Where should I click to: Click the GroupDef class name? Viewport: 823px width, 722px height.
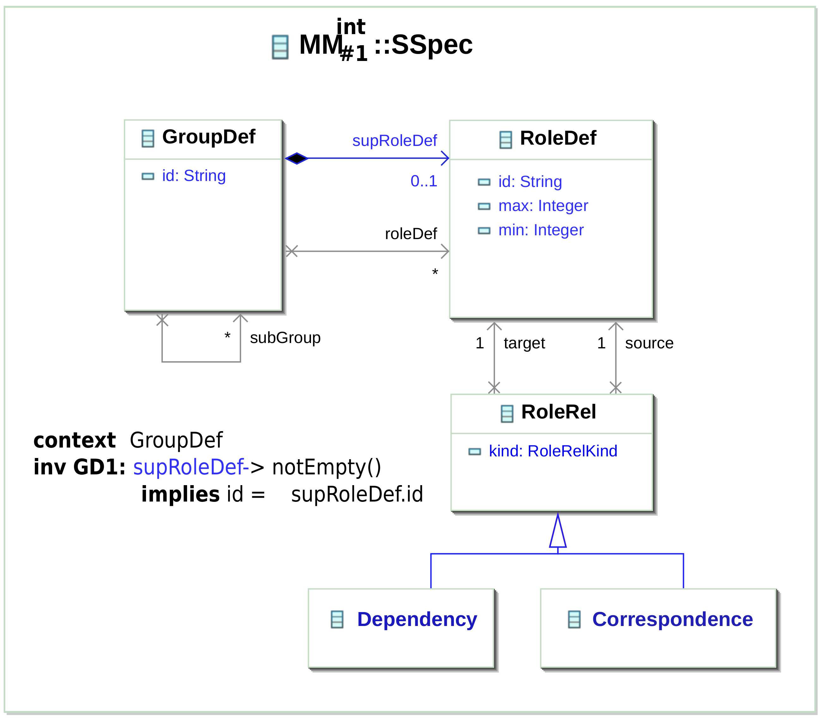click(x=208, y=137)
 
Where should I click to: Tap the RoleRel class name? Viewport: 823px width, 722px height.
click(x=558, y=412)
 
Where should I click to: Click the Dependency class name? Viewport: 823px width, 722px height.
click(x=417, y=619)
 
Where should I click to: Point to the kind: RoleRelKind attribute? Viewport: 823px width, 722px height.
click(x=552, y=451)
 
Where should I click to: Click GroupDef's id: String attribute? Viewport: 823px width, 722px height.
click(x=194, y=176)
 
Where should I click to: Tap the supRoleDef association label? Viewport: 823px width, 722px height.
click(x=394, y=141)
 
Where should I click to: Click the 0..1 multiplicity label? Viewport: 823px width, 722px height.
click(x=424, y=181)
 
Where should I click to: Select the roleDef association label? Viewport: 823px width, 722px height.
click(x=411, y=233)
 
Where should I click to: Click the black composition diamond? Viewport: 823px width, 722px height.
click(x=297, y=158)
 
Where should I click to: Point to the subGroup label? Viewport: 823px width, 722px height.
click(x=285, y=337)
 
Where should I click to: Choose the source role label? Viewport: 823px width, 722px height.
click(x=649, y=343)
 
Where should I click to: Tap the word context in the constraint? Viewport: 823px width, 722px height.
click(x=75, y=440)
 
